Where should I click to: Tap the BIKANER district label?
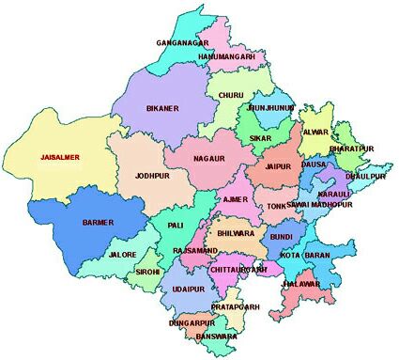click(161, 108)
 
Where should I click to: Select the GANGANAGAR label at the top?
click(182, 42)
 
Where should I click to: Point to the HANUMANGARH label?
click(227, 57)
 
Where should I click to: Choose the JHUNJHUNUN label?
click(272, 108)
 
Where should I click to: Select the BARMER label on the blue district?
click(97, 222)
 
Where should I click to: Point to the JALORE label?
click(123, 255)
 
